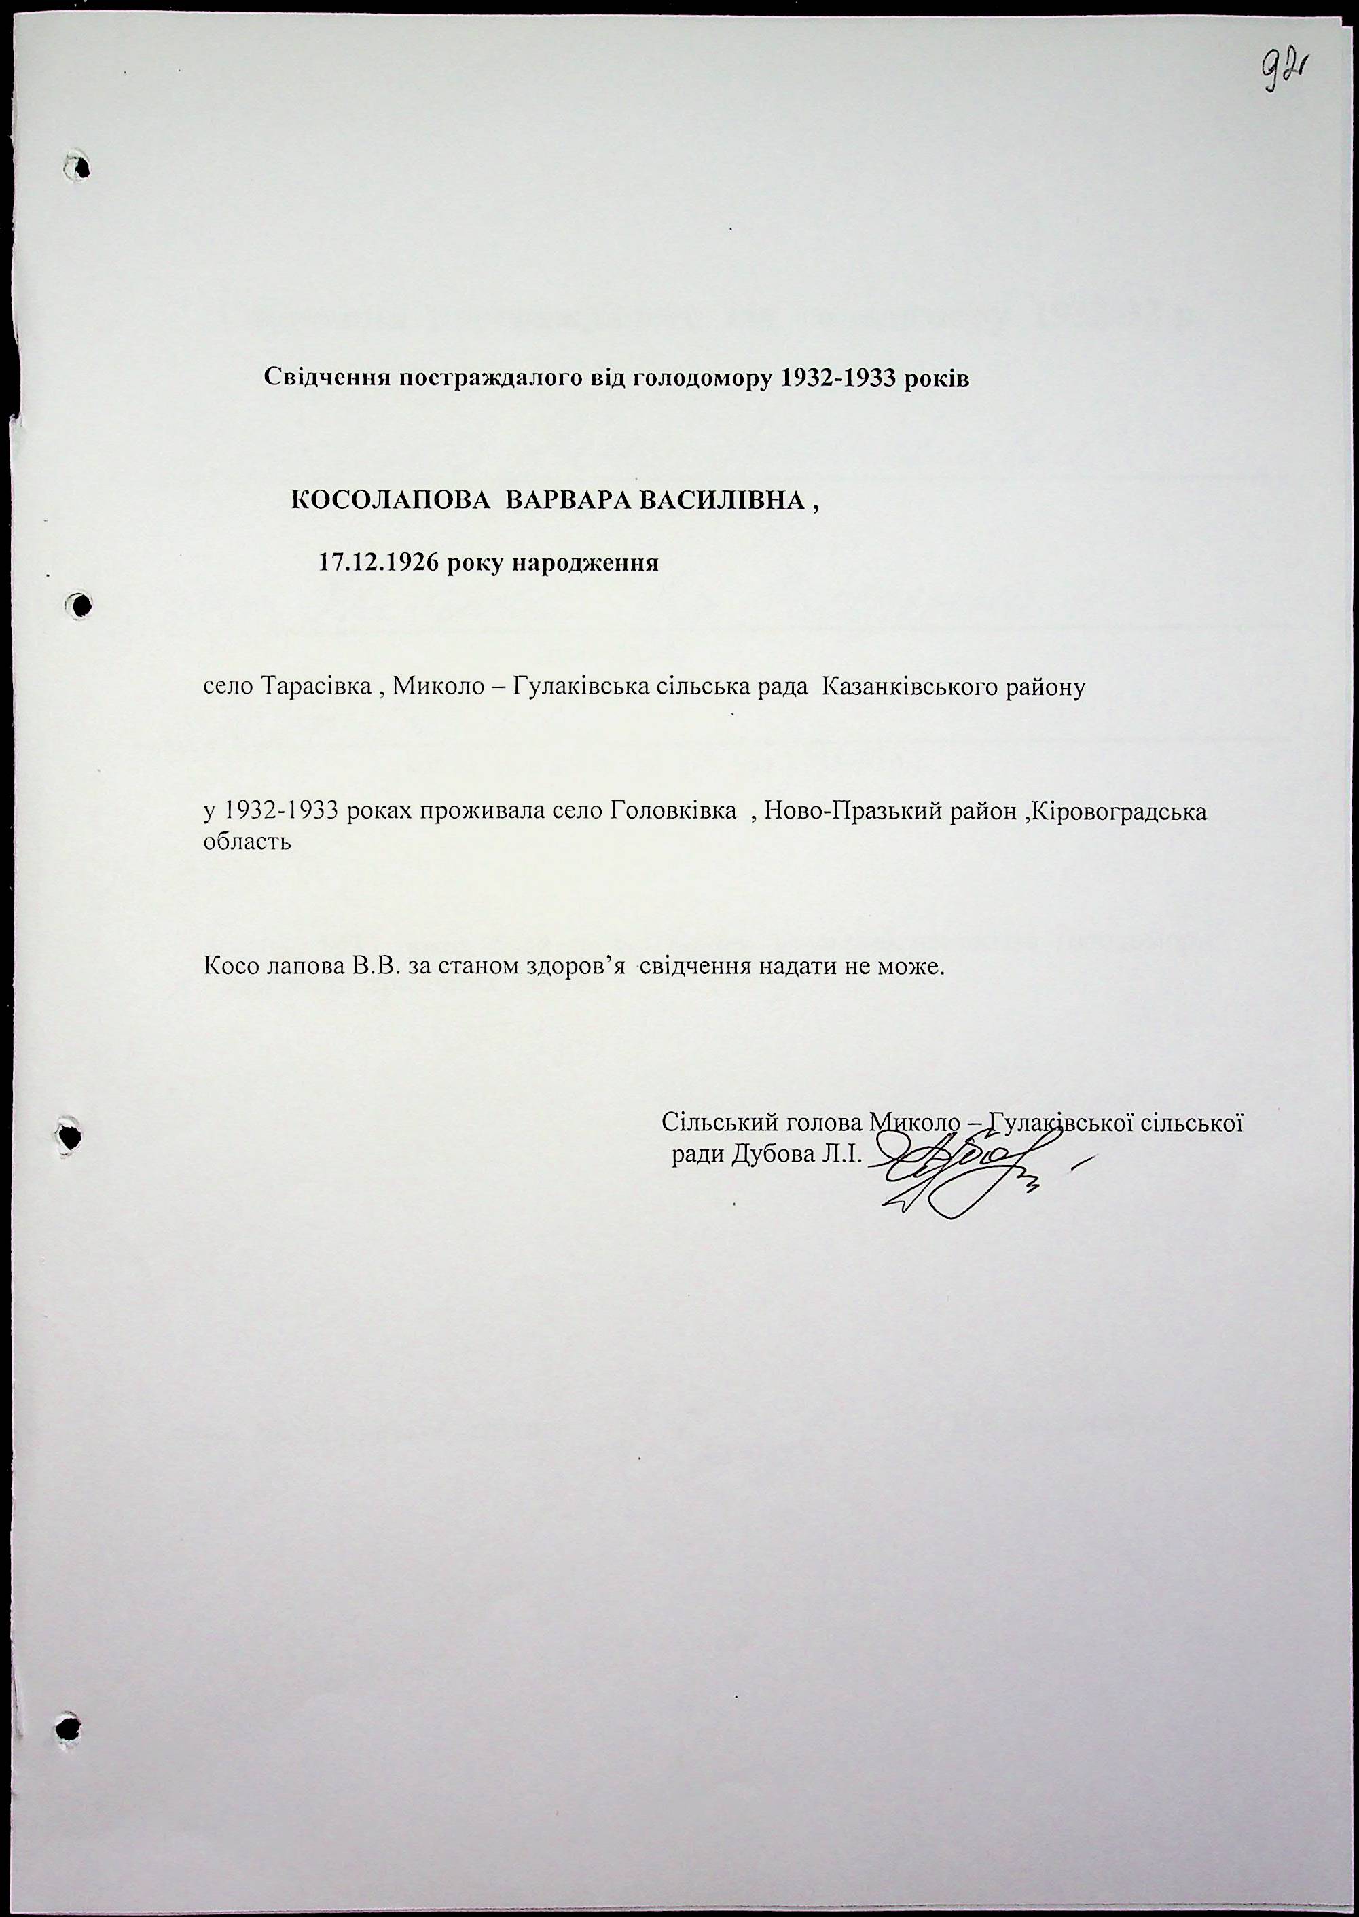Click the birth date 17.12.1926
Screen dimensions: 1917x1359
(379, 562)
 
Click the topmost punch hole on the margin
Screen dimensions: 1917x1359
(79, 166)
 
